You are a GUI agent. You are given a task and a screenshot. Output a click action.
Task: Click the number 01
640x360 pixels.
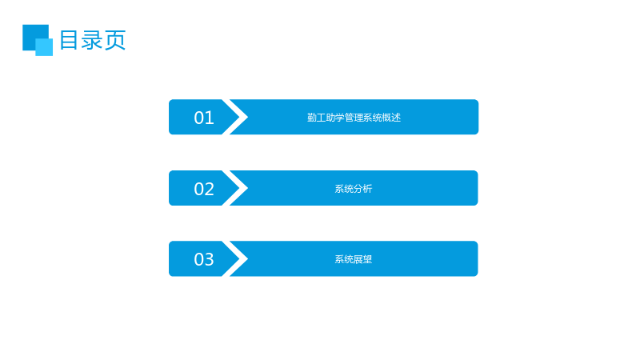point(204,118)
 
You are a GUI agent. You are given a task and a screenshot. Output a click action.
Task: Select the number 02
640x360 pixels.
point(204,189)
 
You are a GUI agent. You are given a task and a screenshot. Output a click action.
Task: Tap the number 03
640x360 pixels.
point(204,259)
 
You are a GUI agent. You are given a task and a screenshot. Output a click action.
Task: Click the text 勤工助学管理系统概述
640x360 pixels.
point(354,118)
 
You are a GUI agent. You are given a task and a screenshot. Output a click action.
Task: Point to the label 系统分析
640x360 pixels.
point(354,189)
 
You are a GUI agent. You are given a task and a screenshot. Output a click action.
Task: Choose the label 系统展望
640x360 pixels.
point(354,259)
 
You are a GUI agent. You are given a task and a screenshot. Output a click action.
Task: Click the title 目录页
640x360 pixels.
point(93,40)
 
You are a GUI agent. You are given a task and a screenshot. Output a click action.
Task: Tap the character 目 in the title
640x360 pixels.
point(69,40)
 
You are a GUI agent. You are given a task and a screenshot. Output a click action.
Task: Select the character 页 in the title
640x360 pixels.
point(115,40)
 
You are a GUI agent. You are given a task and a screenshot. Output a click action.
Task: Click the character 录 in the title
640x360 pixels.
point(92,40)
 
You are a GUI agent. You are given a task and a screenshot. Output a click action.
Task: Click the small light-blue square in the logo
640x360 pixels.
point(44,47)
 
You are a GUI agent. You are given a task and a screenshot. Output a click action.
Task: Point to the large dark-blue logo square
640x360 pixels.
point(33,34)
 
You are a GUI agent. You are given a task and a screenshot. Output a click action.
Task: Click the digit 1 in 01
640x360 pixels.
point(210,118)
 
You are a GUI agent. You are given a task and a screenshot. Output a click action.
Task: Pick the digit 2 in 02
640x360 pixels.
point(210,189)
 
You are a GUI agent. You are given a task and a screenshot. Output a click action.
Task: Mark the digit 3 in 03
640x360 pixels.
point(210,259)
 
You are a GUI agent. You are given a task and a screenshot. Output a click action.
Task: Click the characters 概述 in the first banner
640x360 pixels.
point(391,118)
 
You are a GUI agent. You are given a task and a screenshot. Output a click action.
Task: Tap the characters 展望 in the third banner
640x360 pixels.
point(363,259)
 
